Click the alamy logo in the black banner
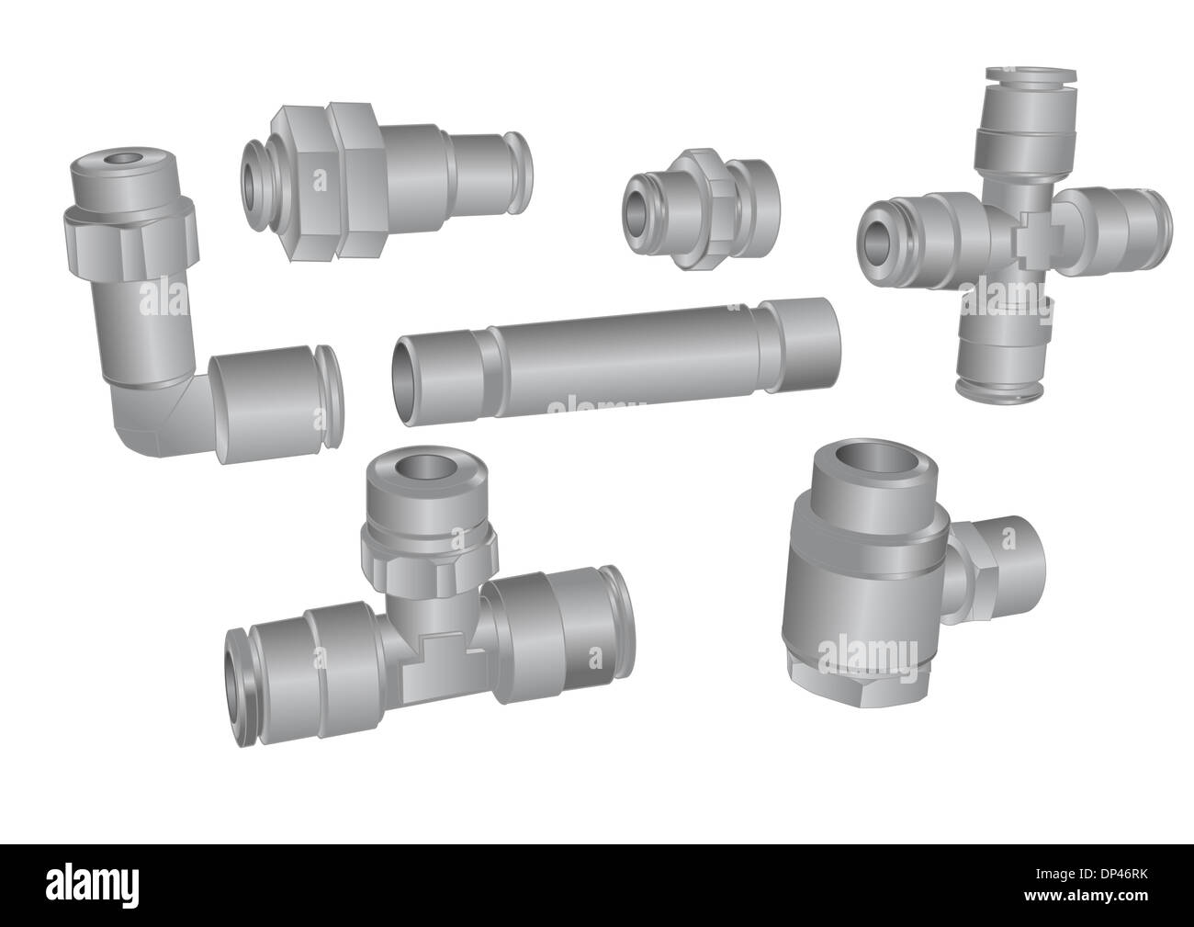(101, 886)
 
